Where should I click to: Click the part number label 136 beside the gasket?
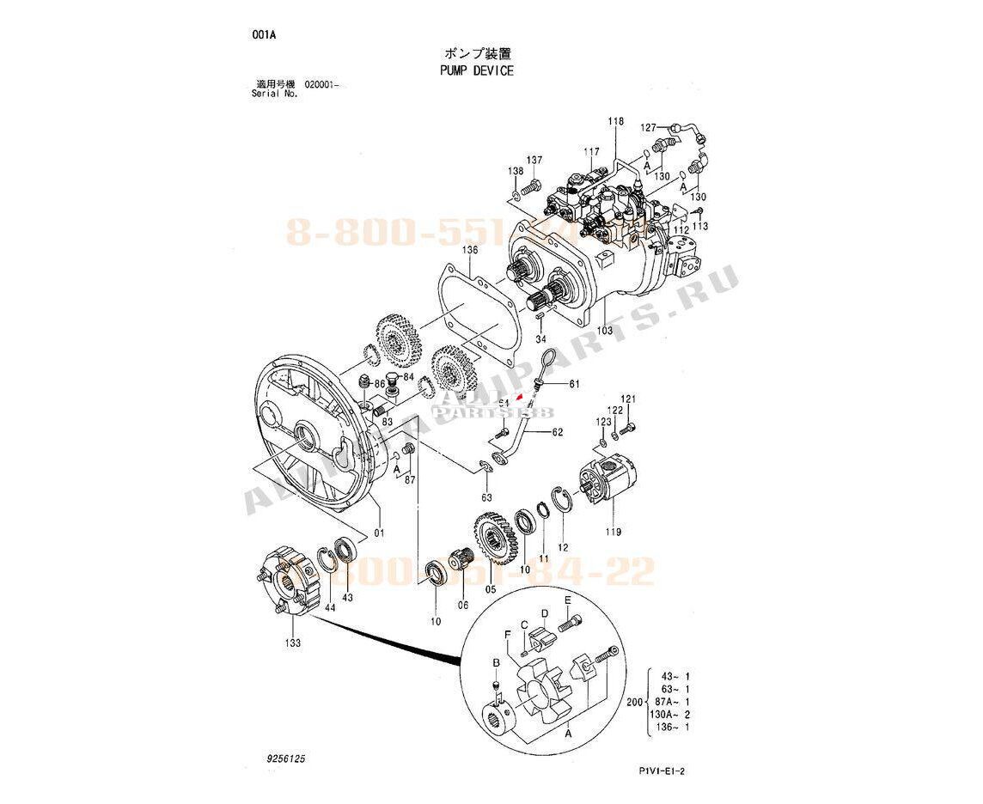[468, 251]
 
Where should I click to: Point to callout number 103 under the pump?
[605, 330]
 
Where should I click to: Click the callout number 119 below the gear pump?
[612, 531]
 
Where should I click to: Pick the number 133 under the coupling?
[293, 643]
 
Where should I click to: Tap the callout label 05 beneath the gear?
[491, 590]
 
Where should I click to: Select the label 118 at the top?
[616, 121]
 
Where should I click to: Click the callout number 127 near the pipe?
[649, 127]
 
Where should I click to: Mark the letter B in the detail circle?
[496, 663]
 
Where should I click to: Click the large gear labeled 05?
[493, 539]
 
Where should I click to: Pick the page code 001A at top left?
[264, 35]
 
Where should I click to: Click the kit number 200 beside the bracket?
[635, 703]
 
